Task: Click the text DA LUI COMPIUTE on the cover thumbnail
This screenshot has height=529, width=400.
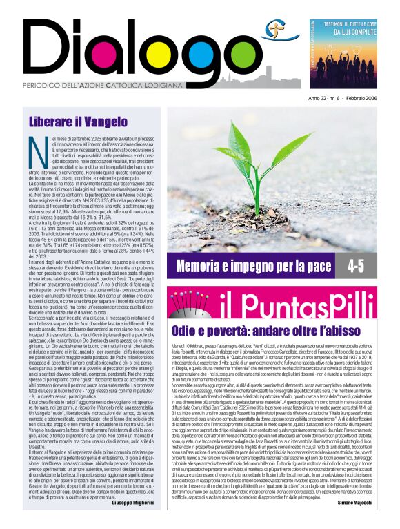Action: point(353,32)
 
